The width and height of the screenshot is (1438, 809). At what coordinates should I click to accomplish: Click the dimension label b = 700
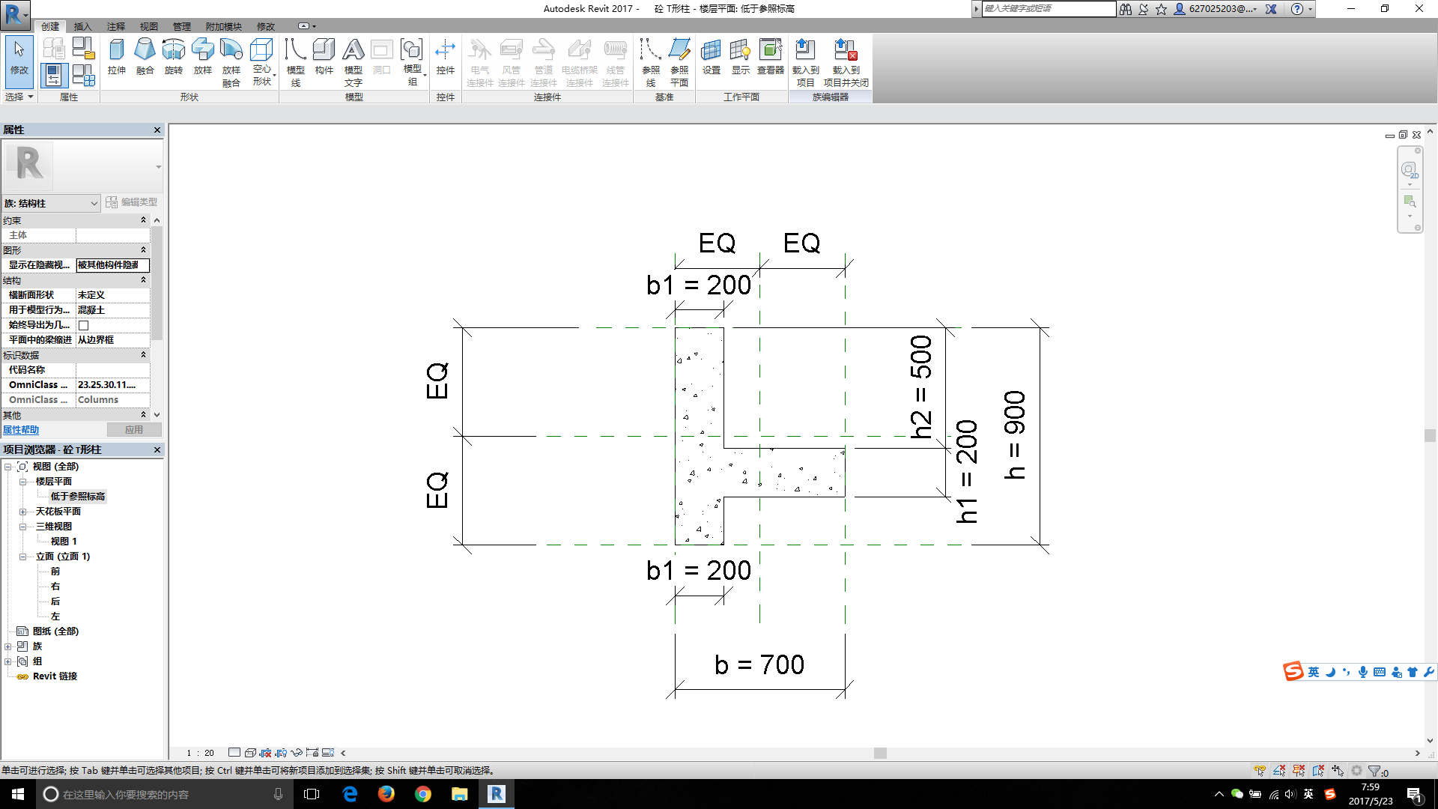759,664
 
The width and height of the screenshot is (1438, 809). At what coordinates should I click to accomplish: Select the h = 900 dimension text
1015,434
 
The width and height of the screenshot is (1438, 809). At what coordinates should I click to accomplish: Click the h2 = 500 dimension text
920,387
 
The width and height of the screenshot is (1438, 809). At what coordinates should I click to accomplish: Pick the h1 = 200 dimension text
967,471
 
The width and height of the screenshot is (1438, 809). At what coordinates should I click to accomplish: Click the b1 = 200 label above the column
699,285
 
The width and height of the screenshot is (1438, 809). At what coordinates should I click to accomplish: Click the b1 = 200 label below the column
699,571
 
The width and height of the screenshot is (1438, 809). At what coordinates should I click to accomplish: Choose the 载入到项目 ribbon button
805,63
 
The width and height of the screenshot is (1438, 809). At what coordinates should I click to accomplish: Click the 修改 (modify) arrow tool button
19,57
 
